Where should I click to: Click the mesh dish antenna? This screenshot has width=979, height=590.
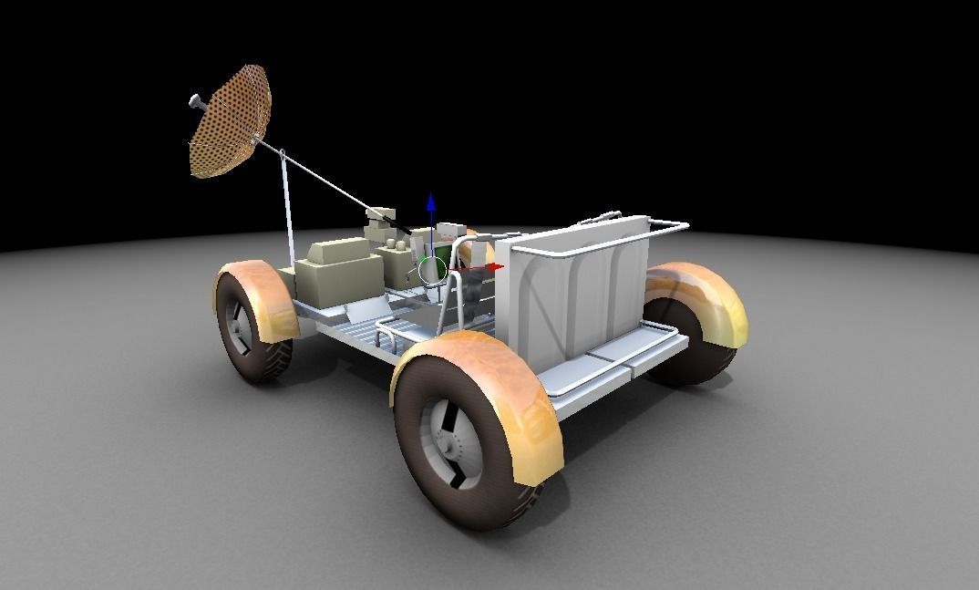pyautogui.click(x=230, y=120)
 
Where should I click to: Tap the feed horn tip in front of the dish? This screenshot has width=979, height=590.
pyautogui.click(x=194, y=101)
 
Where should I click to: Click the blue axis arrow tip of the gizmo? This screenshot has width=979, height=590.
pyautogui.click(x=431, y=202)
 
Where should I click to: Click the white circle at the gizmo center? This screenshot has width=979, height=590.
pyautogui.click(x=432, y=269)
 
